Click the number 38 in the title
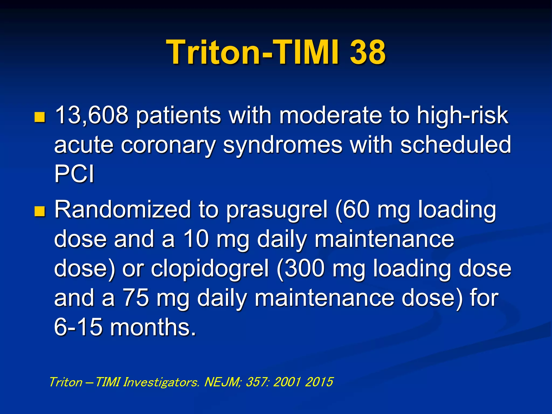click(368, 52)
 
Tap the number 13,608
click(91, 115)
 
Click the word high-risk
click(462, 115)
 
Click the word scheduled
click(455, 144)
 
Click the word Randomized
click(123, 210)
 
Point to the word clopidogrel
click(210, 269)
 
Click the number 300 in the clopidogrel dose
click(304, 268)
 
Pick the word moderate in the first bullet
click(330, 115)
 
